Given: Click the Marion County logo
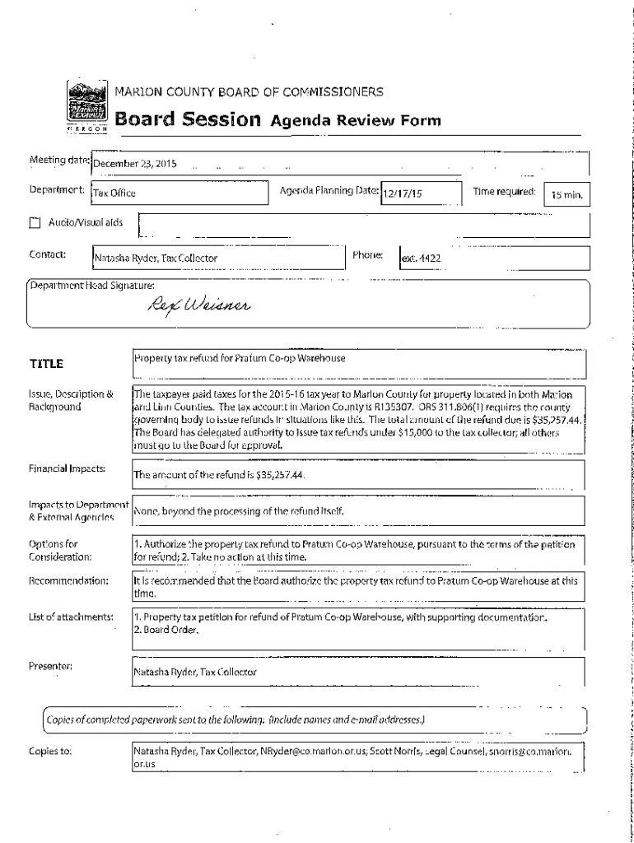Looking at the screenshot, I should pos(86,104).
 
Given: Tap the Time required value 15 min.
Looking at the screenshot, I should pos(567,195).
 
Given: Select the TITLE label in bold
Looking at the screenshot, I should pos(47,363).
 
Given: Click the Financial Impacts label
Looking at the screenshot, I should pos(65,468).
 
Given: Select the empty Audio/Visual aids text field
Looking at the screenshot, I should pos(362,223).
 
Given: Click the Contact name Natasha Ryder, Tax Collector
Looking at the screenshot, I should pos(156,258).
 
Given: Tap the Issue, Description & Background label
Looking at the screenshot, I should pos(68,400).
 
